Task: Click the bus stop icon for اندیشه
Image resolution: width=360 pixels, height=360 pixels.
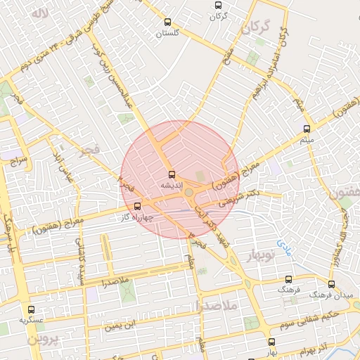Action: pos(172,174)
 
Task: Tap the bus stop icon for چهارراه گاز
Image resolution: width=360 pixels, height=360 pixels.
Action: pos(136,206)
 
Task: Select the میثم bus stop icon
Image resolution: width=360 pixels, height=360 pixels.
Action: pos(306,129)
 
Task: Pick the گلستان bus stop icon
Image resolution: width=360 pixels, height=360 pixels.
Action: pos(167,22)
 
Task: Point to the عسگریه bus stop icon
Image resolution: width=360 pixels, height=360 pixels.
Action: pos(30,309)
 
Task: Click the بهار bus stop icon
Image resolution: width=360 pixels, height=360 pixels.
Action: pos(271,342)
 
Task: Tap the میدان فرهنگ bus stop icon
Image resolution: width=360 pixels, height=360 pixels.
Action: pos(332,284)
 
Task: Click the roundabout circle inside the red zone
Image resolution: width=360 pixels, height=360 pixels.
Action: pos(188,192)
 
